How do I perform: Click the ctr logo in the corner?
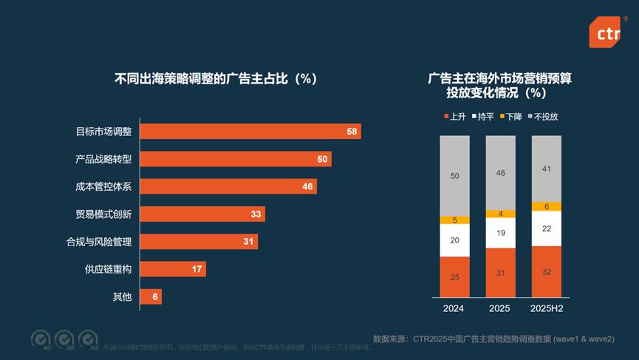tap(604, 32)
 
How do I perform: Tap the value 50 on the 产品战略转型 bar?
tap(322, 159)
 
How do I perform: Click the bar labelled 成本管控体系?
tap(228, 186)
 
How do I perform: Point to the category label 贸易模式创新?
tap(103, 214)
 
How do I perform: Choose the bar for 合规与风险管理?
tap(199, 241)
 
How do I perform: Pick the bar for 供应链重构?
tap(173, 268)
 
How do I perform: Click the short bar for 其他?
tap(151, 296)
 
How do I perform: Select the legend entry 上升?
tap(454, 117)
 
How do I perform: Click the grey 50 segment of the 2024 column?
tap(454, 176)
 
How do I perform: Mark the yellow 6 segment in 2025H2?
tap(546, 206)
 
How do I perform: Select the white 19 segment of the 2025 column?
tap(501, 233)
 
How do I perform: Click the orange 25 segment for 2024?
tap(454, 276)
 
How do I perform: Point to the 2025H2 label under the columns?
tap(546, 308)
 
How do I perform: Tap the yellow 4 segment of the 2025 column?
tap(501, 214)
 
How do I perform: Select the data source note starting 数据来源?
tap(493, 339)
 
